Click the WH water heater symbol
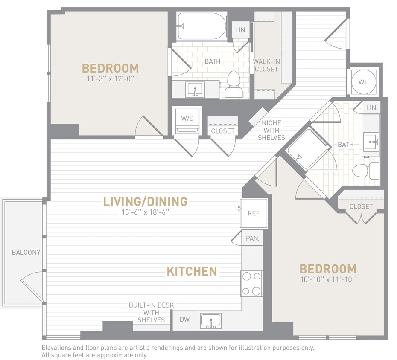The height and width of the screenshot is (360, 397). coord(364,81)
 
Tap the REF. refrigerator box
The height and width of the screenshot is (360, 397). coord(254,213)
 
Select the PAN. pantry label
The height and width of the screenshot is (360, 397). coord(253,238)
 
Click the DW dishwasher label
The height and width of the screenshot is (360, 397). coord(184,319)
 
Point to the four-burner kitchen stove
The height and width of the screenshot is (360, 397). coord(251,284)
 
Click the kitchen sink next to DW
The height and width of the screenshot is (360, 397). coord(211,321)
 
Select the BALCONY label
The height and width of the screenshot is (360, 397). coord(26,252)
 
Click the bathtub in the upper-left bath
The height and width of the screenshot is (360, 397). coord(202,26)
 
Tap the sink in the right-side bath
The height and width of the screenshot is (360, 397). coord(371,140)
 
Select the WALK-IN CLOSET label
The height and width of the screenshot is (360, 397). coord(266,65)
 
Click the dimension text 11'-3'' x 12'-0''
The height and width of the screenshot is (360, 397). coord(110,79)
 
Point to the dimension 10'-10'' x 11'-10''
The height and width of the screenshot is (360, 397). coord(328,279)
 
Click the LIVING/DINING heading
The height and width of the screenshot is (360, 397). coord(146,201)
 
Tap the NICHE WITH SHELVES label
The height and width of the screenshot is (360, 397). coord(271,130)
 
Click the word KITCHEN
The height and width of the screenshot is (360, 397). coord(192,271)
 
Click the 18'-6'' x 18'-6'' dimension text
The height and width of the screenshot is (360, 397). coord(146,212)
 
